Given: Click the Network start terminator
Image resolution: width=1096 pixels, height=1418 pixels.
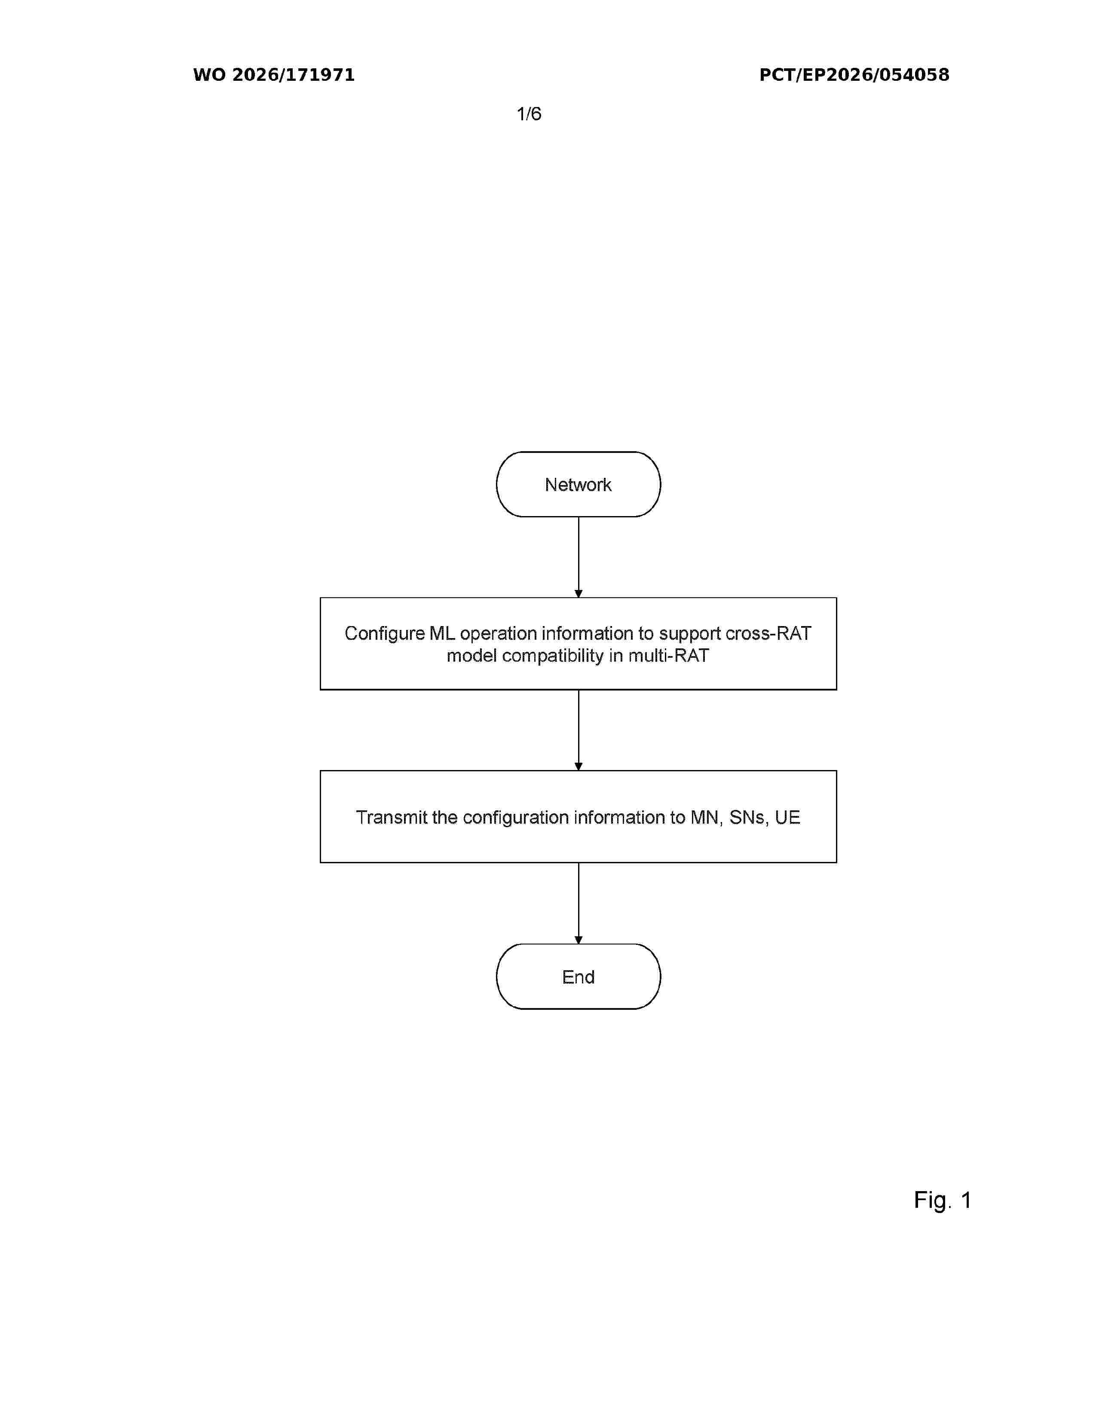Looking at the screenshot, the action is coord(578,484).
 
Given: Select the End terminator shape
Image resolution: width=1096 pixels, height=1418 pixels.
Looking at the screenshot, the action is coord(578,977).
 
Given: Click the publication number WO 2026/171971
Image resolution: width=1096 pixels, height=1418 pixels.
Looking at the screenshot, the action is coord(274,75).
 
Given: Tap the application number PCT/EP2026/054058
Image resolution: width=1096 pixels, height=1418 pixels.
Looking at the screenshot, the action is coord(854,75).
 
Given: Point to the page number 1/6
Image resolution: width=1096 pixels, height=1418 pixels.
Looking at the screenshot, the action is coord(529,114).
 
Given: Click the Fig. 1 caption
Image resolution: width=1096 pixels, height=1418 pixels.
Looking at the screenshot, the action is coord(942,1200).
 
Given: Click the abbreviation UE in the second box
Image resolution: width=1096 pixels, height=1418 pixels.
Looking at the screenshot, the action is coord(787,817).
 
